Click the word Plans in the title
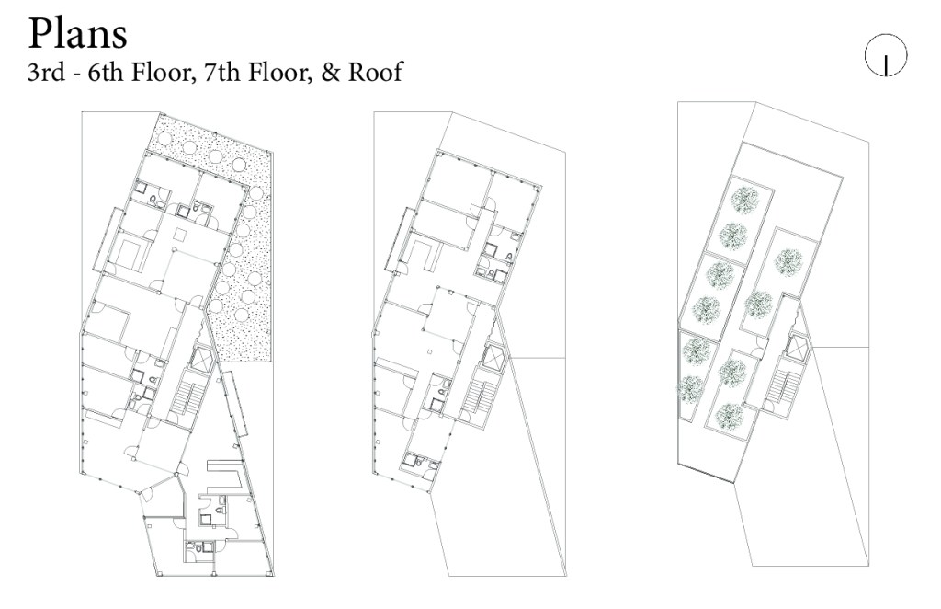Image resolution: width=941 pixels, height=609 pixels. click(x=77, y=34)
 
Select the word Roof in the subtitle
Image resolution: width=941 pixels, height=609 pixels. click(x=375, y=72)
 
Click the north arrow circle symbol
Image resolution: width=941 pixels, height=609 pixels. click(x=886, y=56)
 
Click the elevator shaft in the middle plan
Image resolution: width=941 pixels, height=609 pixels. click(x=493, y=354)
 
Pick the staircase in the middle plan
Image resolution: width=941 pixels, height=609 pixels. click(x=482, y=396)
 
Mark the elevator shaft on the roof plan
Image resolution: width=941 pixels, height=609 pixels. click(x=799, y=345)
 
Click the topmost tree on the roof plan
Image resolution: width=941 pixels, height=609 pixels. click(x=745, y=199)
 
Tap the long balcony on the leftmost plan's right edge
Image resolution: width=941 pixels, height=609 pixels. click(x=234, y=404)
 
